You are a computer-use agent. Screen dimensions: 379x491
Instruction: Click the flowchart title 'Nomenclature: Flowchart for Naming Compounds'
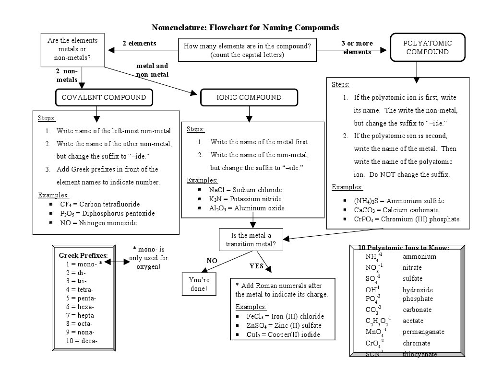click(x=245, y=27)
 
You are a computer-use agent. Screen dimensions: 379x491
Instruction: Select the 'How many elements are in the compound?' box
click(x=247, y=50)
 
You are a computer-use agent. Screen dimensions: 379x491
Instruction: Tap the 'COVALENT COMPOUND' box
click(x=104, y=97)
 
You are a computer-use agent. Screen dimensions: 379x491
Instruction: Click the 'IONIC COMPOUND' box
click(x=249, y=97)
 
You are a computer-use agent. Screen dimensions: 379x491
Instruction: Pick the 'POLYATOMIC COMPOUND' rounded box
click(x=427, y=47)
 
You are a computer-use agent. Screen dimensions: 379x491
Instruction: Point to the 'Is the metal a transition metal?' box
click(x=251, y=240)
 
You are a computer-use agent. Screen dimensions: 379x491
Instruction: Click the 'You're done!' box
click(x=198, y=284)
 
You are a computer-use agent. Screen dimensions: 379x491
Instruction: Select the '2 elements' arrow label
click(x=139, y=44)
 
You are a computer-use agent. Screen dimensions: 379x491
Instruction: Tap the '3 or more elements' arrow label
click(x=357, y=47)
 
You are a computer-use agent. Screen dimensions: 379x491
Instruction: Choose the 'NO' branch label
click(x=212, y=261)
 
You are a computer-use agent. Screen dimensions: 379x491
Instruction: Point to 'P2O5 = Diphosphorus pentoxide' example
click(x=107, y=213)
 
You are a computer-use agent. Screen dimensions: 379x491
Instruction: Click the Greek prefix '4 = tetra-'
click(x=80, y=289)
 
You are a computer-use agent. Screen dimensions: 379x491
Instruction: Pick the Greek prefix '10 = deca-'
click(x=82, y=341)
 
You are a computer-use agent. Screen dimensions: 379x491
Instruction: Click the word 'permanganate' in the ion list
click(x=423, y=332)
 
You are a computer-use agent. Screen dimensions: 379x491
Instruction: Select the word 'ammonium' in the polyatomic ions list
click(x=419, y=256)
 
